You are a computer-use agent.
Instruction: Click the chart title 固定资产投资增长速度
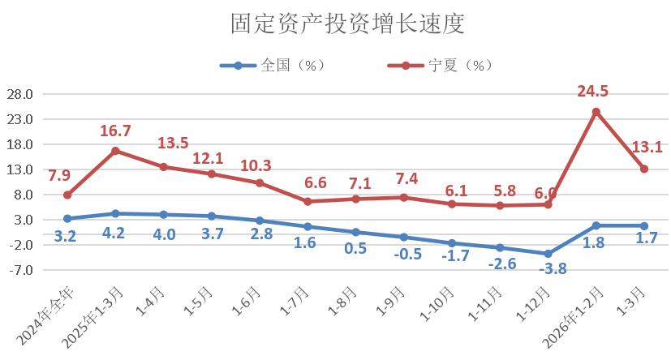(x=335, y=24)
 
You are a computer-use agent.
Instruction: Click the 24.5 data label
(x=593, y=92)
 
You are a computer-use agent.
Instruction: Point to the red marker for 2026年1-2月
(x=596, y=112)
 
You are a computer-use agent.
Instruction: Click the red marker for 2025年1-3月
(x=115, y=151)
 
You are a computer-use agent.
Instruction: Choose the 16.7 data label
(x=115, y=131)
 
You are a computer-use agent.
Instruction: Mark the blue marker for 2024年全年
(x=67, y=219)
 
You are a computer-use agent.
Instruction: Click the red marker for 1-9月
(x=404, y=197)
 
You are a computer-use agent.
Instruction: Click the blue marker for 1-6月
(x=260, y=221)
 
